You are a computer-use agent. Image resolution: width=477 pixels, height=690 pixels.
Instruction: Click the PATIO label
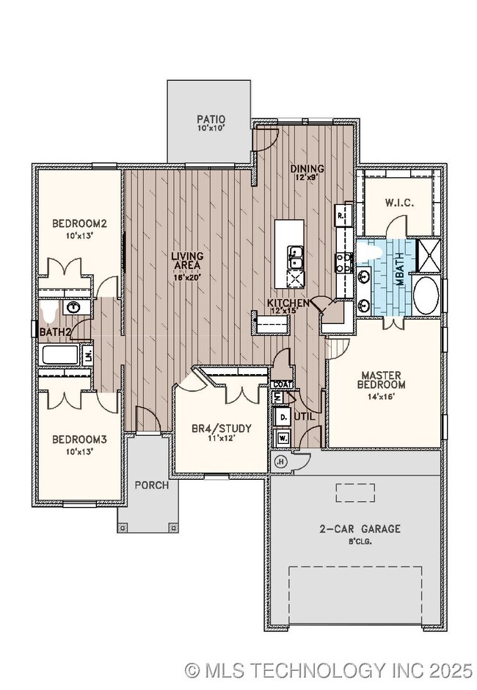click(210, 118)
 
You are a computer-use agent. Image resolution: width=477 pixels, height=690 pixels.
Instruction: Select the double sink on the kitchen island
click(296, 258)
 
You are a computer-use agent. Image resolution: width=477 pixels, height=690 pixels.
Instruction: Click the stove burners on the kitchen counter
click(343, 263)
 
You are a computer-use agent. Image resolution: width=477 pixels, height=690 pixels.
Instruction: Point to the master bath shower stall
click(427, 255)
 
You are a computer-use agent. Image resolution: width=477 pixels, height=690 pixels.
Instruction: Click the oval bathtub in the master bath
click(426, 295)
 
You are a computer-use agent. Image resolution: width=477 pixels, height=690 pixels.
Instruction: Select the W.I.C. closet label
click(402, 203)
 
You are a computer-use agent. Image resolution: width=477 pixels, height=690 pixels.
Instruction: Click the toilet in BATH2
click(48, 315)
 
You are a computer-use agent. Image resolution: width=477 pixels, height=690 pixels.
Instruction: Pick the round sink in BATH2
click(73, 307)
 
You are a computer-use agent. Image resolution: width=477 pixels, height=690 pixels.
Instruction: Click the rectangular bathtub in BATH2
click(61, 356)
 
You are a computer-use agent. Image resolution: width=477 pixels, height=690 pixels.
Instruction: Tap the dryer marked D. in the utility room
click(283, 417)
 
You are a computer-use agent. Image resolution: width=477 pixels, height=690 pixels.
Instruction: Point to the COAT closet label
click(283, 384)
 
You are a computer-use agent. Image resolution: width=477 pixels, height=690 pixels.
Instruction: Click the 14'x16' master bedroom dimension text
click(381, 396)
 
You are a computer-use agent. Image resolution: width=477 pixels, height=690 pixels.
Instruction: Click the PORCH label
click(151, 485)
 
